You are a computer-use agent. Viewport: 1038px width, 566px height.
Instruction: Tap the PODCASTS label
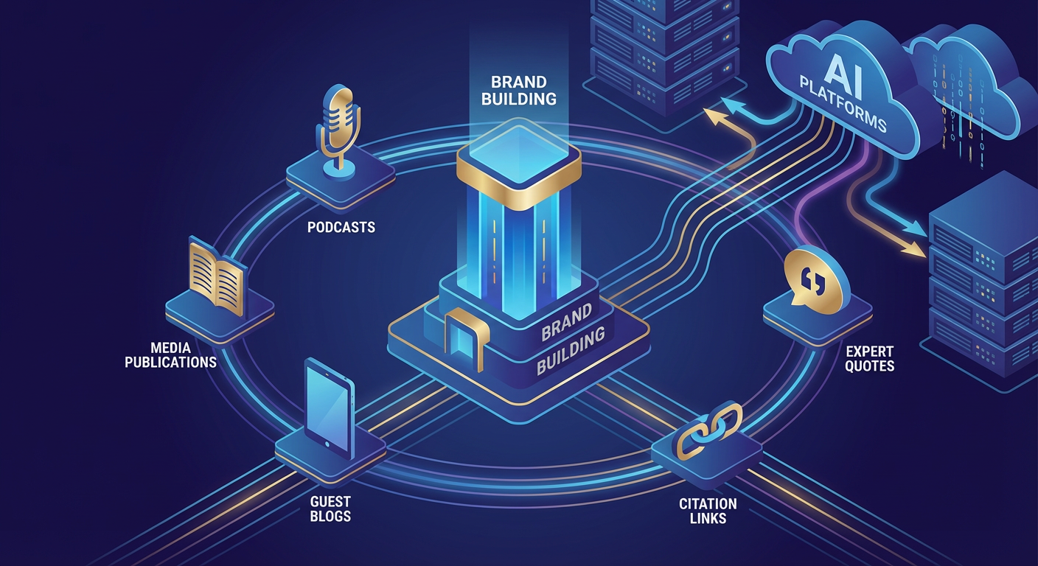pos(341,227)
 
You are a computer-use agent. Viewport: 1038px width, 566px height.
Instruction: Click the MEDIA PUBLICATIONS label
pos(170,354)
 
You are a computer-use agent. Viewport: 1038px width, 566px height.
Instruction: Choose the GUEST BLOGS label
pos(331,508)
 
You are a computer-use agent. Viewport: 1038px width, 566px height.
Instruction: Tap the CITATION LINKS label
pos(708,511)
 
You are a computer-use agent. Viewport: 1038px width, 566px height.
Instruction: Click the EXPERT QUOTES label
pos(870,359)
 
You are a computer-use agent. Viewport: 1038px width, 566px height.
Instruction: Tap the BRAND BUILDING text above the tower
pos(519,90)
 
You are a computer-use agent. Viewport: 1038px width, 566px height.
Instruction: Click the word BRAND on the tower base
pos(566,322)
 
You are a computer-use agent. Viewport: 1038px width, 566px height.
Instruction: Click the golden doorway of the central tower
pos(464,340)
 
